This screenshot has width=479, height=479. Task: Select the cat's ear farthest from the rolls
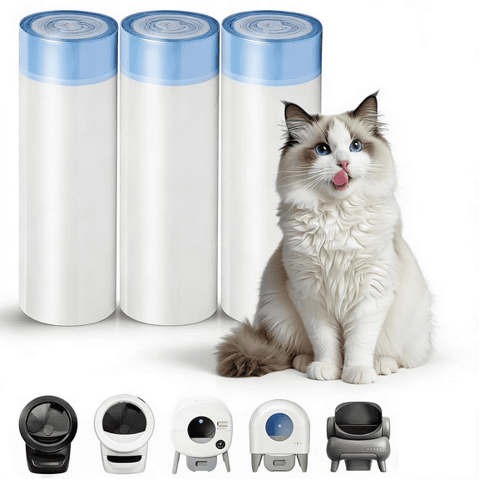click(x=368, y=108)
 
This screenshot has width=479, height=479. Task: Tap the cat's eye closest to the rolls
click(x=322, y=149)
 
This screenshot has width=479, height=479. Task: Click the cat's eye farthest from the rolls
click(x=356, y=145)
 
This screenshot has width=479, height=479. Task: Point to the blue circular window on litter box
click(x=279, y=427)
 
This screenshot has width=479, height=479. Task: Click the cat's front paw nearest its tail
click(x=323, y=371)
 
